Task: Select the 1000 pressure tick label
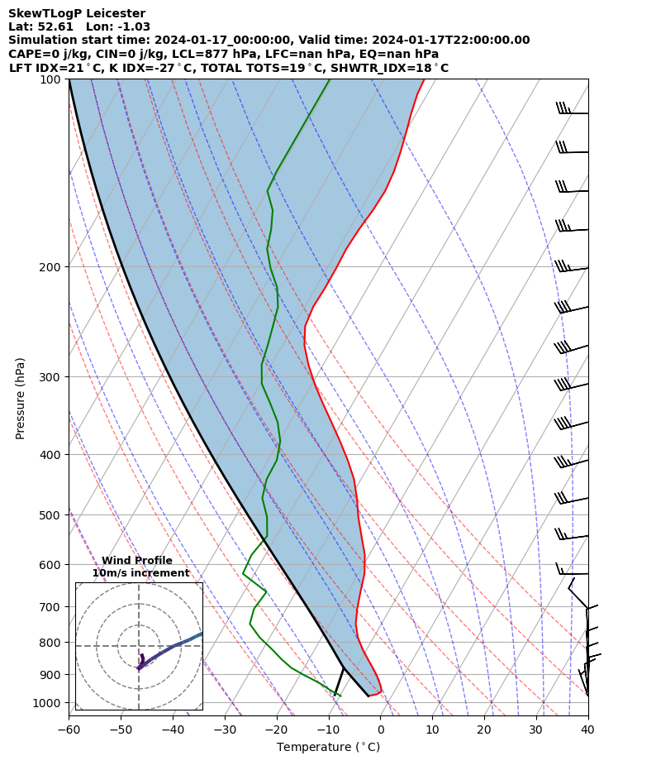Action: point(51,703)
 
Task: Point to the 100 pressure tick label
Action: point(54,79)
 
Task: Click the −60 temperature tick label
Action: point(69,730)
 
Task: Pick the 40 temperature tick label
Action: point(587,730)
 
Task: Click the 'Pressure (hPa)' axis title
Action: point(21,398)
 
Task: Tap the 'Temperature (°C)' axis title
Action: point(328,748)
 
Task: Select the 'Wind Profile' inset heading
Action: point(137,561)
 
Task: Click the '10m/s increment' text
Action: point(140,573)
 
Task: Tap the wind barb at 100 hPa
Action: point(572,111)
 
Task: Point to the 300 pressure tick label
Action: point(54,377)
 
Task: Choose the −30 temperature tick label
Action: point(225,730)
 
